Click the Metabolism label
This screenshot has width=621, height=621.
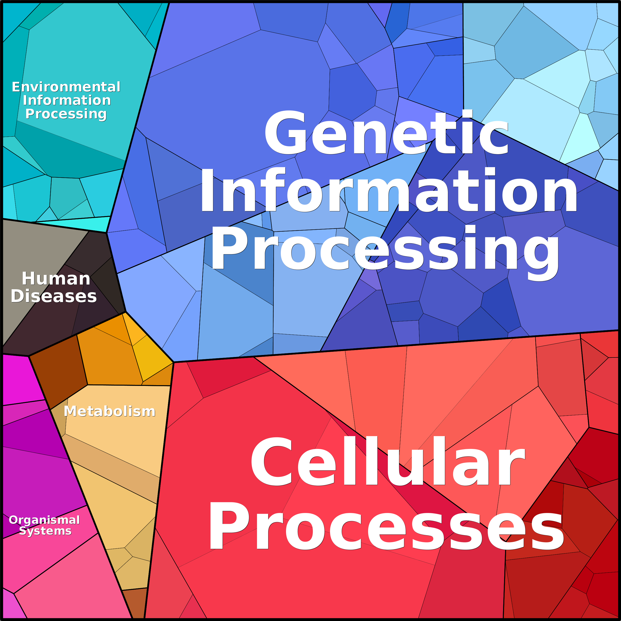pyautogui.click(x=110, y=411)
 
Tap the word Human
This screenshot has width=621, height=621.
pyautogui.click(x=56, y=278)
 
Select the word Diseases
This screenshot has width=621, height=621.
pyautogui.click(x=54, y=296)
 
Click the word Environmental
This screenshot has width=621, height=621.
pyautogui.click(x=66, y=87)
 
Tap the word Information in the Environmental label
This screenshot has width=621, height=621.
pyautogui.click(x=67, y=100)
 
